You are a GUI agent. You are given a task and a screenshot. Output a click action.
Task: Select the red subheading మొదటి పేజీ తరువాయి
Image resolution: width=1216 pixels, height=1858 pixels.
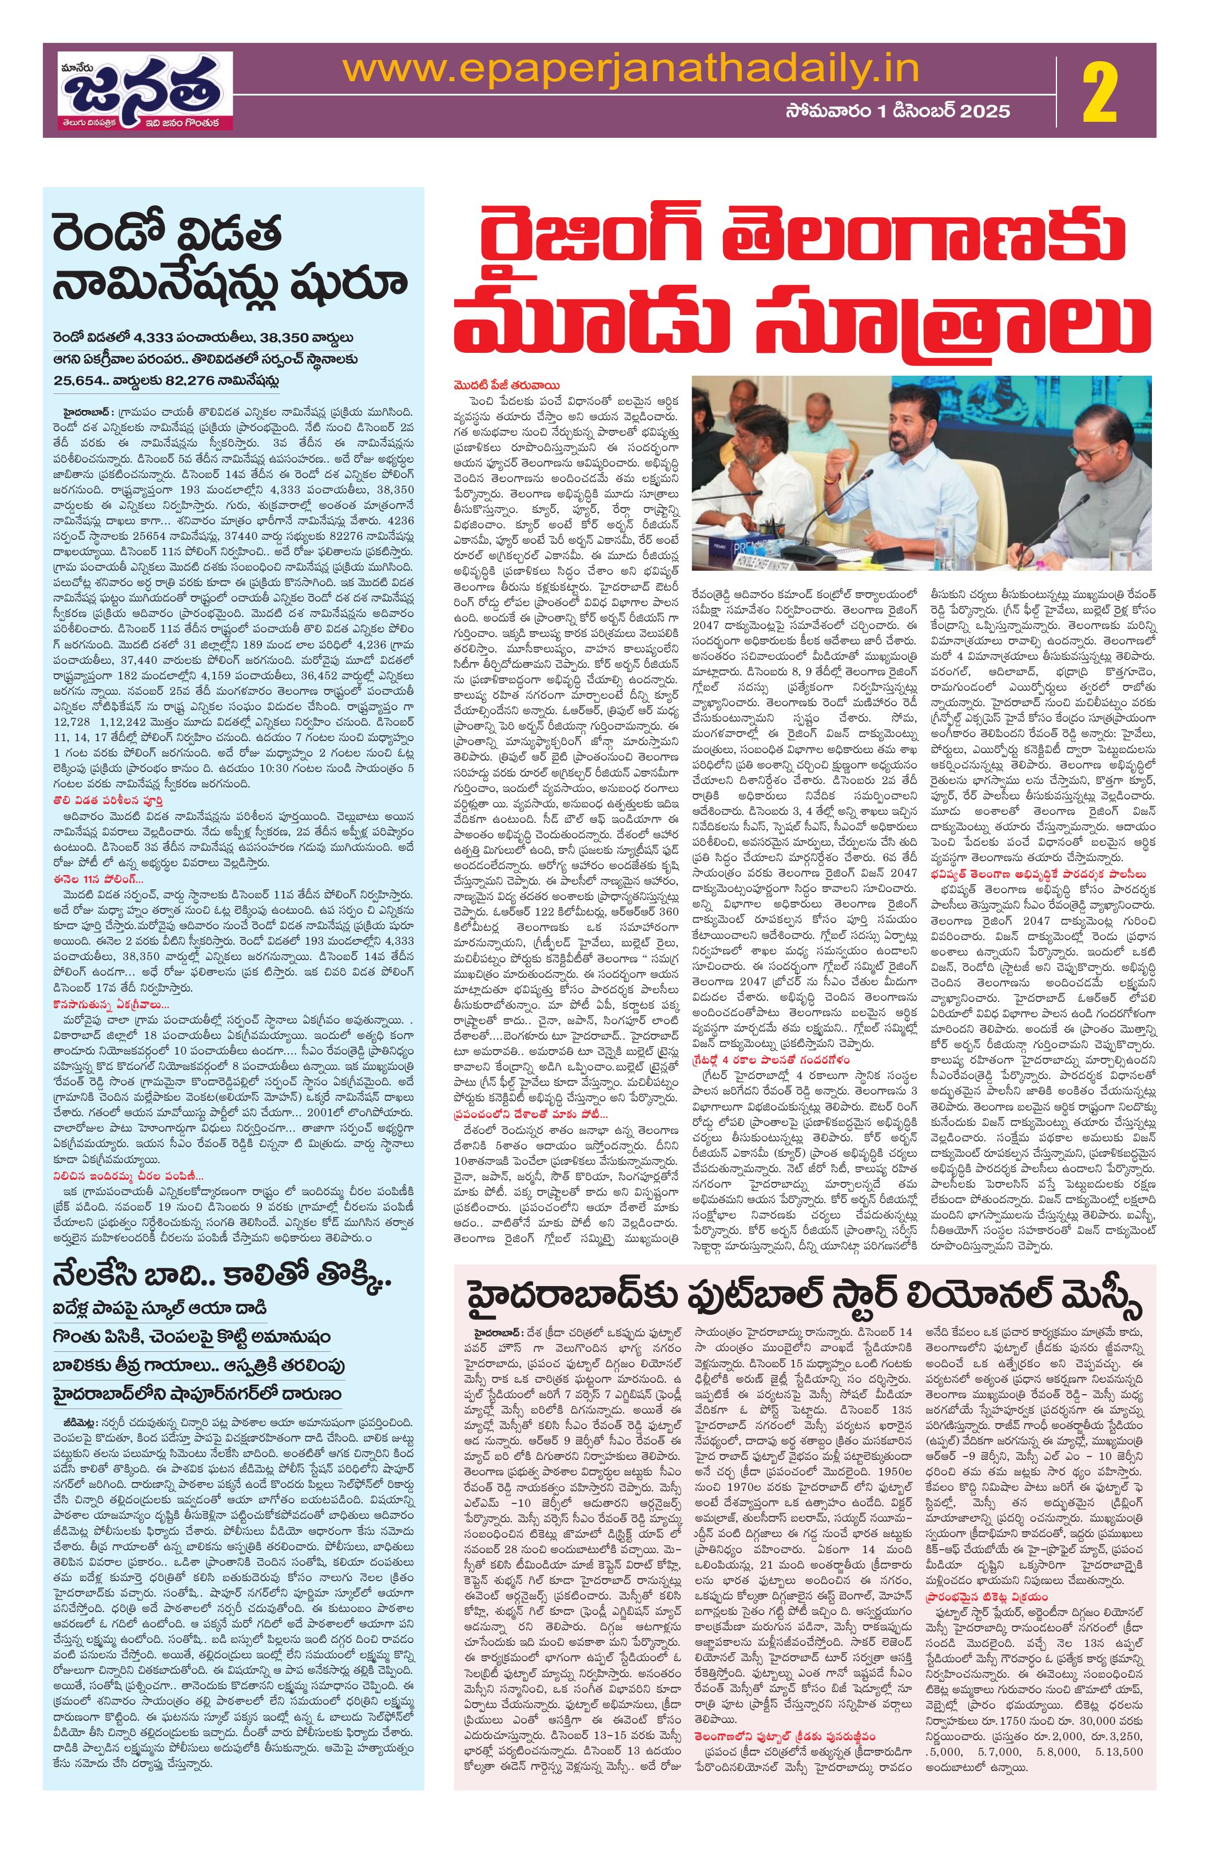pyautogui.click(x=499, y=384)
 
